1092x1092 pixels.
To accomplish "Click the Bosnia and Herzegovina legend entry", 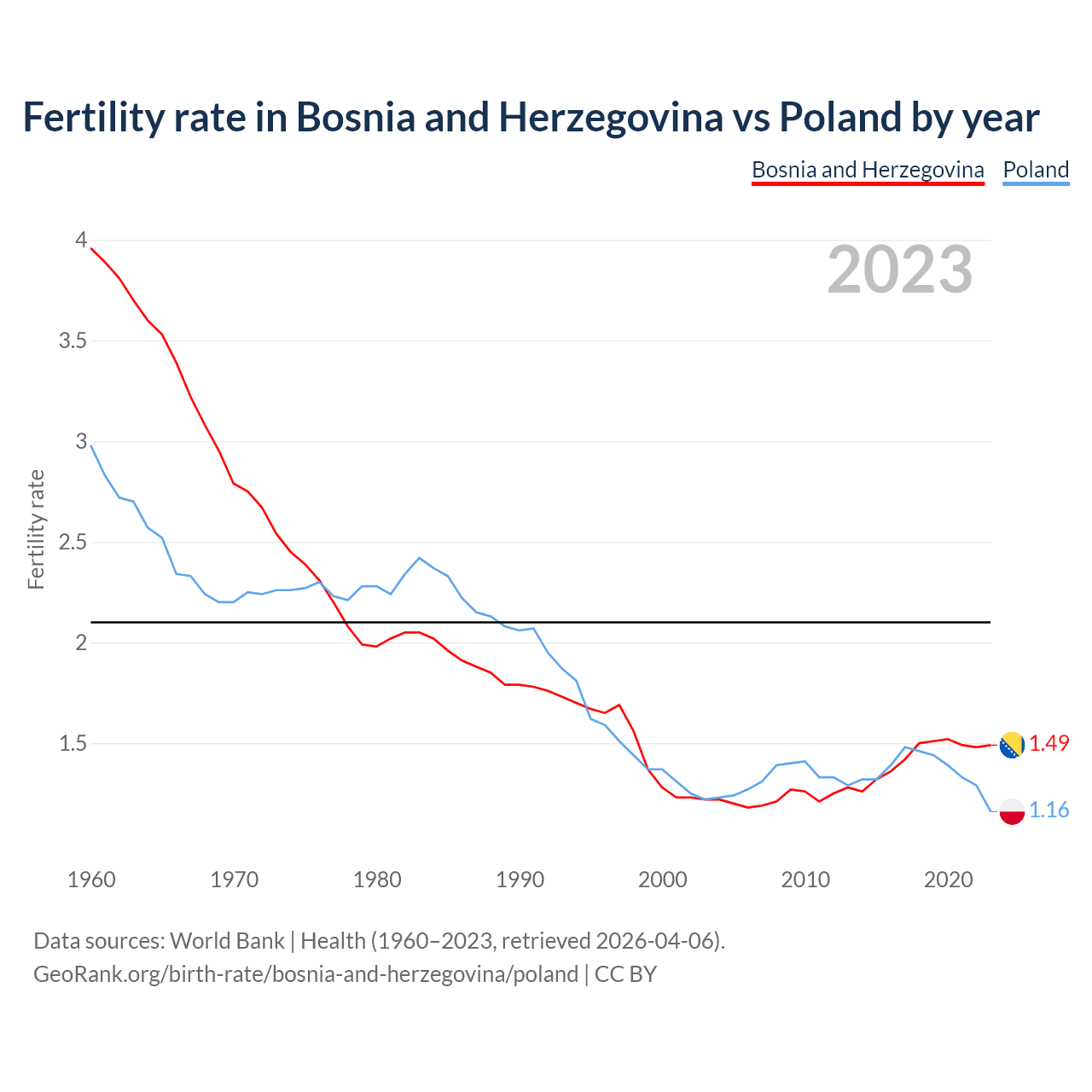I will tap(868, 170).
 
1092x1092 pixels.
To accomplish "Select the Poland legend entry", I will tap(1036, 170).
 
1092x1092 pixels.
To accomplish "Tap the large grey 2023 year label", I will tap(900, 270).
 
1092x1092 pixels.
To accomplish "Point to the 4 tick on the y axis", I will tap(81, 241).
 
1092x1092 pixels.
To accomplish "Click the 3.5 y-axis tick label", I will tap(73, 341).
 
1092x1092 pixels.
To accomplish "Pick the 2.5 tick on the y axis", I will tap(73, 543).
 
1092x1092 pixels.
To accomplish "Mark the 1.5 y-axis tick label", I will tap(73, 744).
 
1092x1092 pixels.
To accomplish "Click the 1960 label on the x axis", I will tap(91, 880).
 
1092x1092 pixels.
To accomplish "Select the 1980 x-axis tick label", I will tap(377, 880).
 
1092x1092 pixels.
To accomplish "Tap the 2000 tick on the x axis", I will tap(663, 880).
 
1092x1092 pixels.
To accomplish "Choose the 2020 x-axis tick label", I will tap(948, 880).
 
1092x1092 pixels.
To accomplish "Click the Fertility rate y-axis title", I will tap(36, 529).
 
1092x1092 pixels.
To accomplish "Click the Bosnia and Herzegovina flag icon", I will tap(1012, 745).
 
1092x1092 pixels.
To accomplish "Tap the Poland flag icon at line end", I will tap(1012, 810).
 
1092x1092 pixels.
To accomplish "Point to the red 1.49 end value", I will tap(1048, 744).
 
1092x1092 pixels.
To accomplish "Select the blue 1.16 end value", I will tap(1048, 810).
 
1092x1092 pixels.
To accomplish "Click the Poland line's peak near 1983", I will tap(419, 558).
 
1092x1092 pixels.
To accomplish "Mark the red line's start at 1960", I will tap(91, 248).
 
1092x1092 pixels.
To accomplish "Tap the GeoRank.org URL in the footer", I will tap(305, 974).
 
